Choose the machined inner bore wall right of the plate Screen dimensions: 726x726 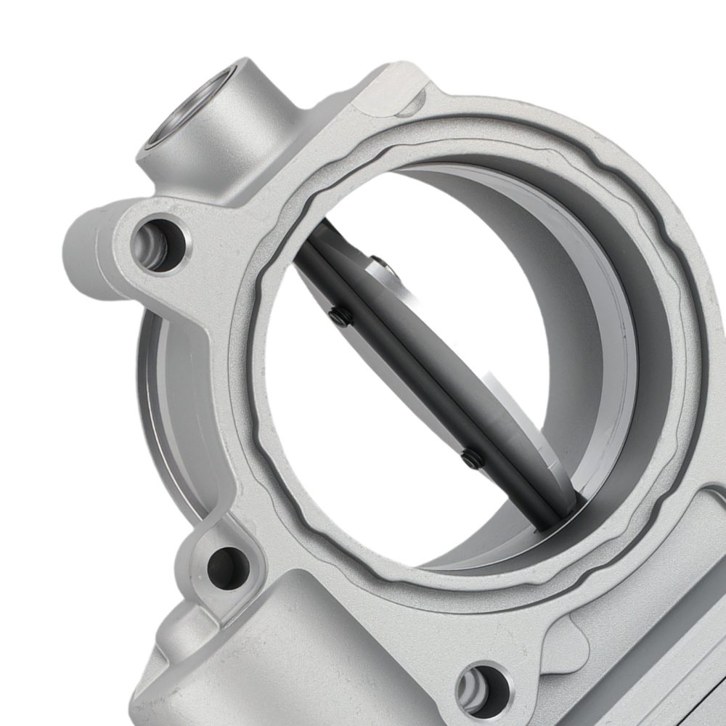coord(595,348)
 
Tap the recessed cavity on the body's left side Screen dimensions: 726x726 coord(174,407)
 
